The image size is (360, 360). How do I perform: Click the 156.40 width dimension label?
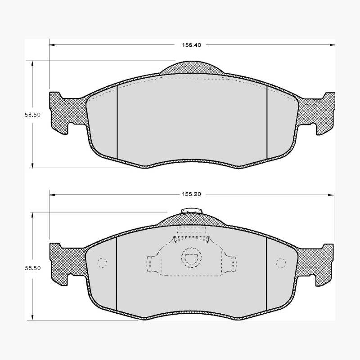[x=192, y=45]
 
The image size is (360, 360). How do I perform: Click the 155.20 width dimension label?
[x=192, y=194]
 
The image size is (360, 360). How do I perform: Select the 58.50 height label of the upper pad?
[x=33, y=115]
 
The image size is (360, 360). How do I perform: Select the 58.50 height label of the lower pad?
[x=33, y=268]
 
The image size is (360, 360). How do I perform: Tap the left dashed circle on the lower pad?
[x=102, y=263]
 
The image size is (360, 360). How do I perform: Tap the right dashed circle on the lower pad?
[x=281, y=263]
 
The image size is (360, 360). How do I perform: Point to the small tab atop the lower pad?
[x=192, y=211]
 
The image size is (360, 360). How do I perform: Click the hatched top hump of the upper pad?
[x=192, y=67]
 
